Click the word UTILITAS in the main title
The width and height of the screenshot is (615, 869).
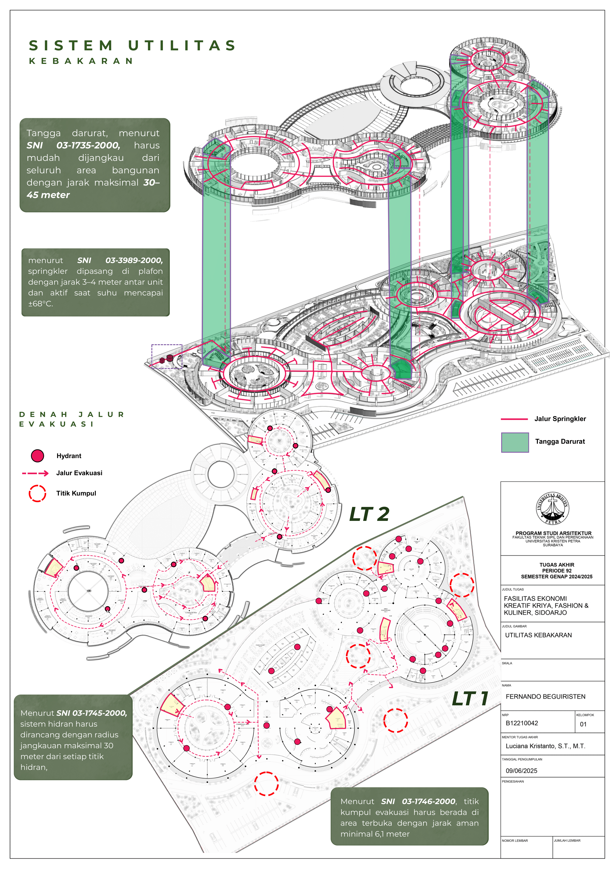(x=182, y=46)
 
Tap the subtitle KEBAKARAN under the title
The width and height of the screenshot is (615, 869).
(x=81, y=61)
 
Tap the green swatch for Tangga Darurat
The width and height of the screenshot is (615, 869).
(x=515, y=442)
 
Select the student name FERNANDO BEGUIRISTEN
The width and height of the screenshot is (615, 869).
(x=545, y=696)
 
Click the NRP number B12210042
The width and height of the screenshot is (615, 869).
(x=522, y=723)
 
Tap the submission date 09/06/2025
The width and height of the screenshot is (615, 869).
(x=521, y=771)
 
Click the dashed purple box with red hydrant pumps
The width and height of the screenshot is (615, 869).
(x=167, y=356)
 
